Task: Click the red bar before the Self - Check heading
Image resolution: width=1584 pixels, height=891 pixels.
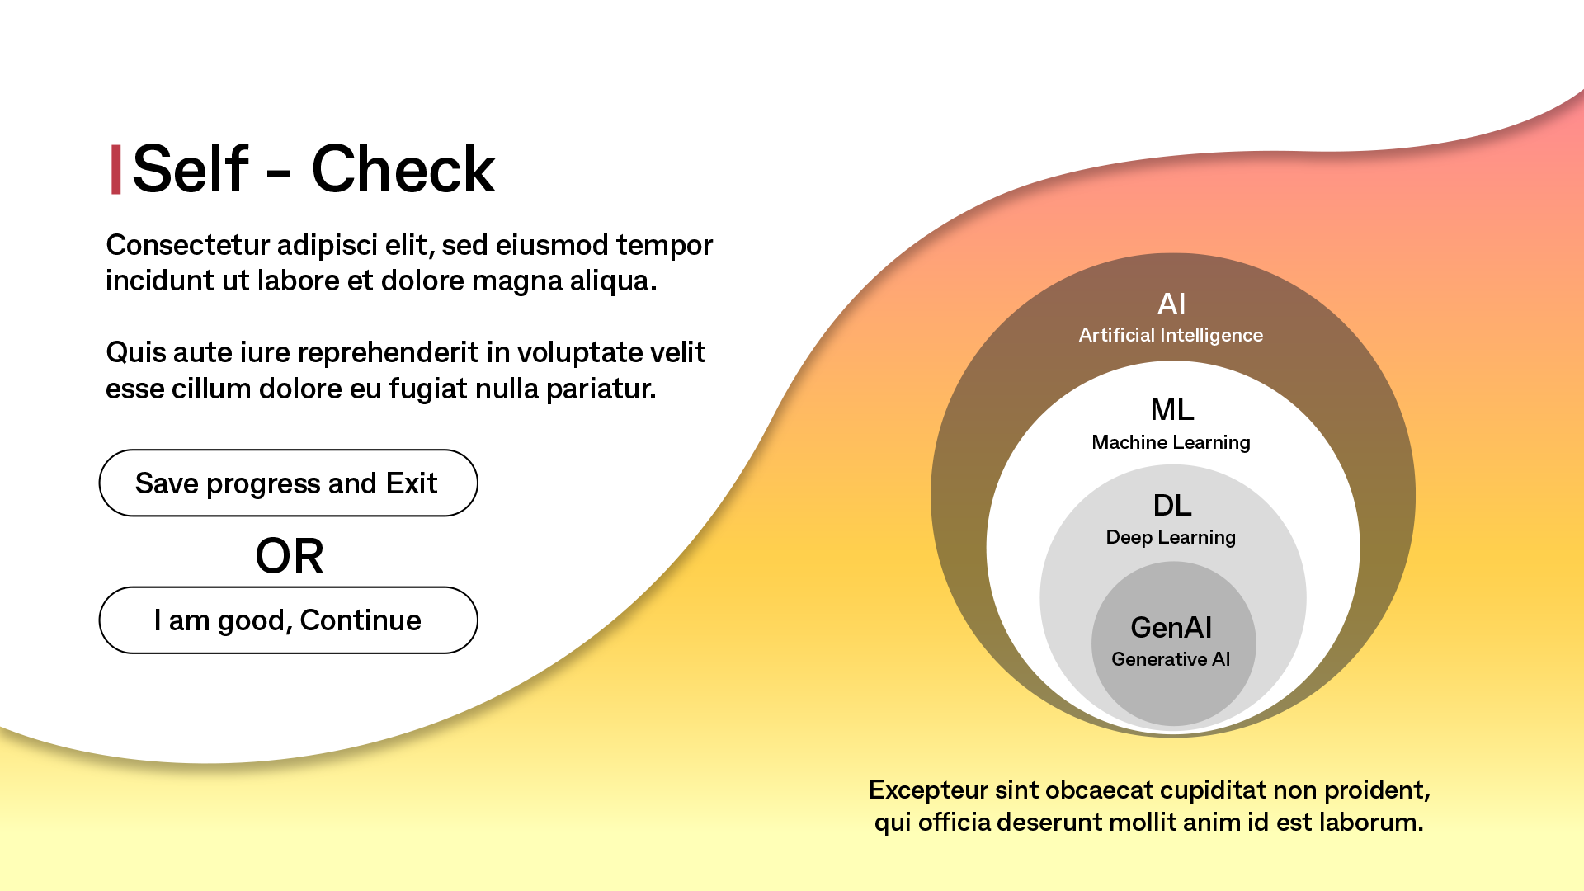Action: (x=116, y=170)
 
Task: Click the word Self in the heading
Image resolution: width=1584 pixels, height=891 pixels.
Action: (x=191, y=169)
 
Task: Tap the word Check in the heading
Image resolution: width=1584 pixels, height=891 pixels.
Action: (x=403, y=169)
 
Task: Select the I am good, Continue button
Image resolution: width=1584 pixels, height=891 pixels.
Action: (x=288, y=620)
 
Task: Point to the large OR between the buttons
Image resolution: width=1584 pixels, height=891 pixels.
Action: (x=290, y=556)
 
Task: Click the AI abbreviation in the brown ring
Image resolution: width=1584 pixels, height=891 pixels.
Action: (x=1171, y=304)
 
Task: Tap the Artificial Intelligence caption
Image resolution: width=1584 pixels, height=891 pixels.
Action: (x=1171, y=335)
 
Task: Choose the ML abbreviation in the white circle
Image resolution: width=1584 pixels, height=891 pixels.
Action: (x=1172, y=410)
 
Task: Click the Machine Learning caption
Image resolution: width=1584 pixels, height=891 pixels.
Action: (x=1171, y=442)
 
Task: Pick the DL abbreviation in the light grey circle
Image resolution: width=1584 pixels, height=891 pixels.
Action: (x=1172, y=505)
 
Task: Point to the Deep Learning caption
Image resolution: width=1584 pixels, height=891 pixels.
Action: (x=1171, y=537)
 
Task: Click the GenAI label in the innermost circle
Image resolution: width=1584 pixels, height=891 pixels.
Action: (x=1171, y=628)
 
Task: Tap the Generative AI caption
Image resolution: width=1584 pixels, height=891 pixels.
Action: (x=1171, y=659)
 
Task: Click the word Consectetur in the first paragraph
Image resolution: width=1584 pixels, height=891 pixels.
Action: (x=188, y=245)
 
